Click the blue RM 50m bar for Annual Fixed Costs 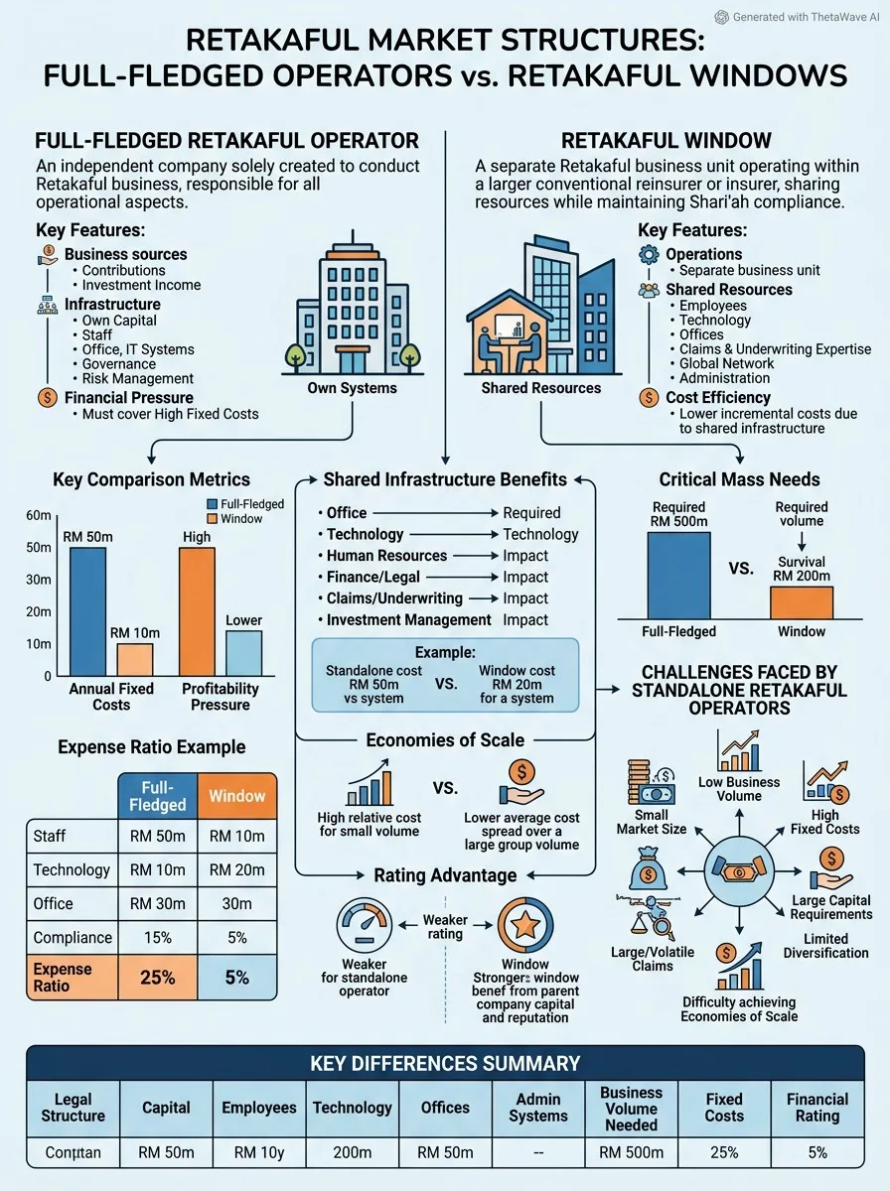pos(88,611)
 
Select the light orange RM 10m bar pos(135,660)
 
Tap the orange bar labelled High pos(197,611)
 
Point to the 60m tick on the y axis pos(39,515)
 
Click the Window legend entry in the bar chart pos(234,519)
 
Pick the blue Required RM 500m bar pos(678,575)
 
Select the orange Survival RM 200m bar pos(802,602)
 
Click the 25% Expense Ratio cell pos(158,978)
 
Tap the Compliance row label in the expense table pos(73,937)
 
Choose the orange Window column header pos(237,795)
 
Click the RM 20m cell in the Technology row pos(237,869)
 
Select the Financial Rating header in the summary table pos(817,1107)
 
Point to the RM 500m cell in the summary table pos(631,1152)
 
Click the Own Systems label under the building pos(352,388)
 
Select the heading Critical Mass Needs pos(739,479)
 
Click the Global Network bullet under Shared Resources pos(722,363)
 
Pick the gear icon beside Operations pos(649,254)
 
